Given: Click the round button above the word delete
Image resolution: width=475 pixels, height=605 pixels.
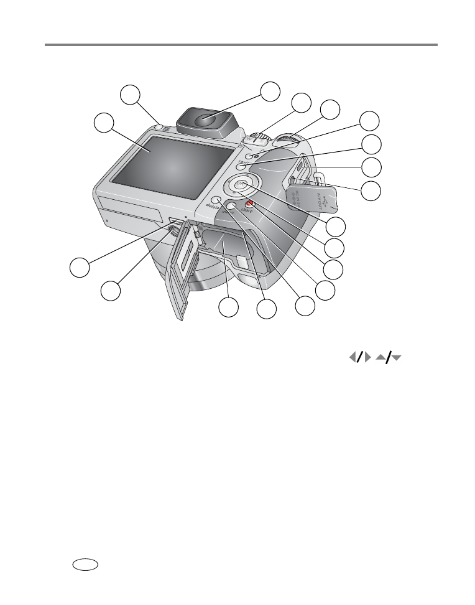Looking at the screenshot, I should pos(217,201).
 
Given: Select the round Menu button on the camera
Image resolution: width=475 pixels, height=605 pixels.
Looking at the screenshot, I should pos(231,205).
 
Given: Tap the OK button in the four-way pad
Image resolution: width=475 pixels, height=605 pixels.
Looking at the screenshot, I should pos(241,185).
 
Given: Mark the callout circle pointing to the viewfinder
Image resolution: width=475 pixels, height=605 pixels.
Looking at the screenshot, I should pos(270,91).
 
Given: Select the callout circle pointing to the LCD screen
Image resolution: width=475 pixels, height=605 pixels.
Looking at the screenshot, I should pos(103,122).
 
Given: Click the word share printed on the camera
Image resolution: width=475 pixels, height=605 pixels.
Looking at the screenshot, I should pos(250,212).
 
